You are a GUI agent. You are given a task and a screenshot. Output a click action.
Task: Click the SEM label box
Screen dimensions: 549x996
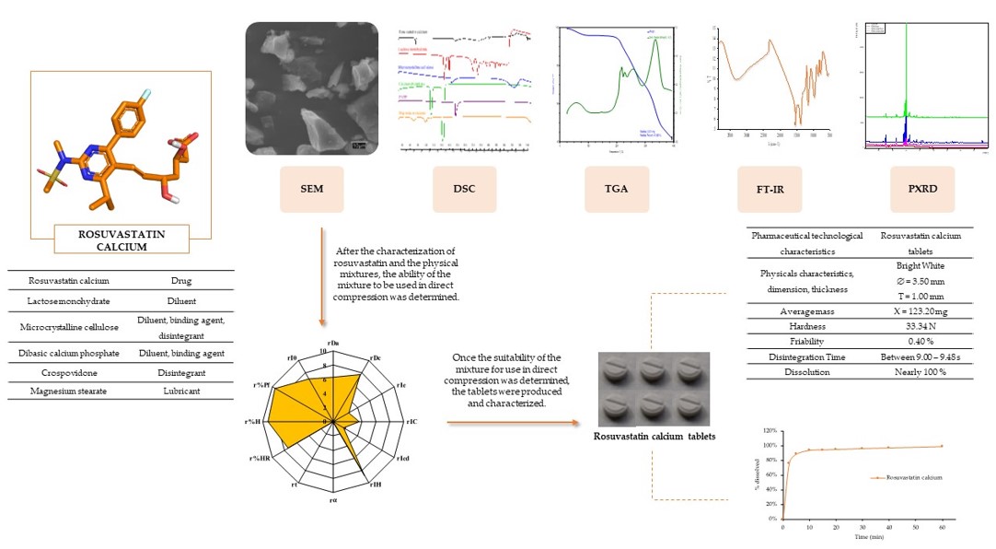tap(311, 189)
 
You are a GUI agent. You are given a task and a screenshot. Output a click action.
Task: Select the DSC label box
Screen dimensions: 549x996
tap(463, 189)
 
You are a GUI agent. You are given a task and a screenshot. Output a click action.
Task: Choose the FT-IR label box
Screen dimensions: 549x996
tap(770, 189)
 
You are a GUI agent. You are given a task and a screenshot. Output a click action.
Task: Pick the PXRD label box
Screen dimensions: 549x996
tap(922, 189)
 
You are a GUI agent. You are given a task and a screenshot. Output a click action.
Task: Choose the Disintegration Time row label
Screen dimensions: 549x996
tap(807, 356)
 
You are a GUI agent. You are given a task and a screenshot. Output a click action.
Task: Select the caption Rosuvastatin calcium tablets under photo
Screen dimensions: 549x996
tap(654, 436)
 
